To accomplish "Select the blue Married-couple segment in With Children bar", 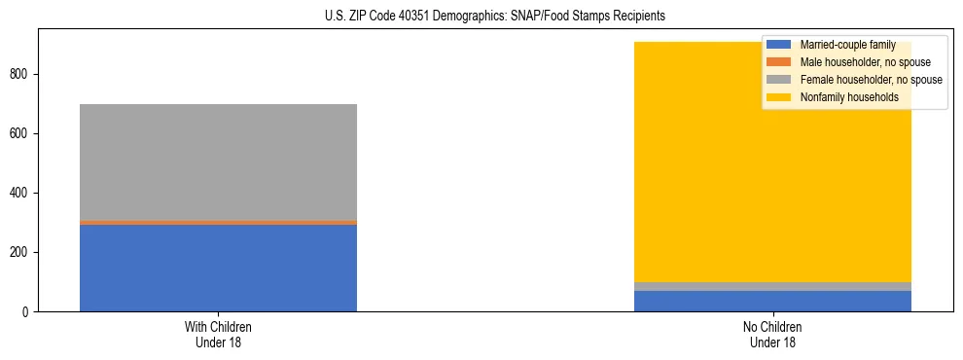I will coord(218,268).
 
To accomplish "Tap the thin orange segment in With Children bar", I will coord(218,222).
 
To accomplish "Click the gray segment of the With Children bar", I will coord(218,162).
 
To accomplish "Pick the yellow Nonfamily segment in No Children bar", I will coord(681,175).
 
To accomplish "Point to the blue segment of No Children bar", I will coord(772,301).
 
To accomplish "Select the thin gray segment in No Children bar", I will coord(772,286).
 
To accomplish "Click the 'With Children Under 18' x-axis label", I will coord(218,335).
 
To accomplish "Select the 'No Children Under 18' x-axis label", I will coord(772,335).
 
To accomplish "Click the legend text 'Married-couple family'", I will coord(847,45).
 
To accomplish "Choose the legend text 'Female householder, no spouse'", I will coord(871,80).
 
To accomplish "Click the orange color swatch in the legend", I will coord(779,62).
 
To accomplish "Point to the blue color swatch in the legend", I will coord(779,45).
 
